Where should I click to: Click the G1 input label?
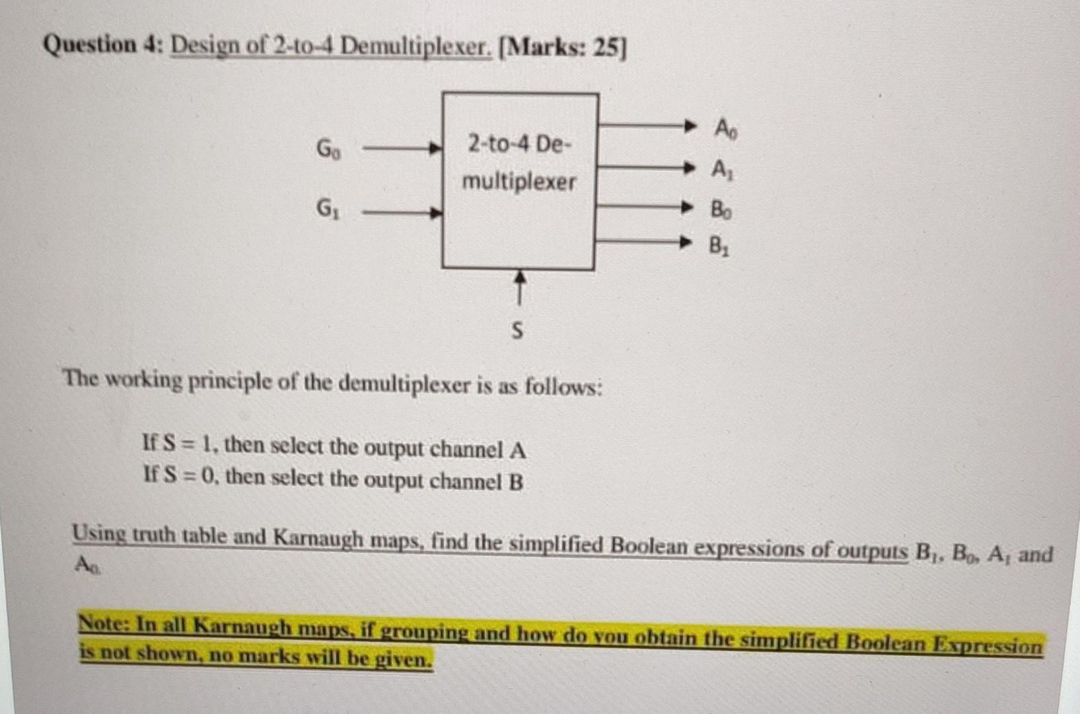(x=327, y=210)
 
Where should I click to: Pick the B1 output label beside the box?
(x=719, y=247)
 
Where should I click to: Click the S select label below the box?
(x=517, y=330)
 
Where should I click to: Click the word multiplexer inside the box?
(x=519, y=181)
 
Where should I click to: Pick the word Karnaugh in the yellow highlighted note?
(x=242, y=626)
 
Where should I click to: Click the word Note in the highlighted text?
(x=102, y=623)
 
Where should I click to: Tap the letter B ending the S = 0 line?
(x=515, y=482)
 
